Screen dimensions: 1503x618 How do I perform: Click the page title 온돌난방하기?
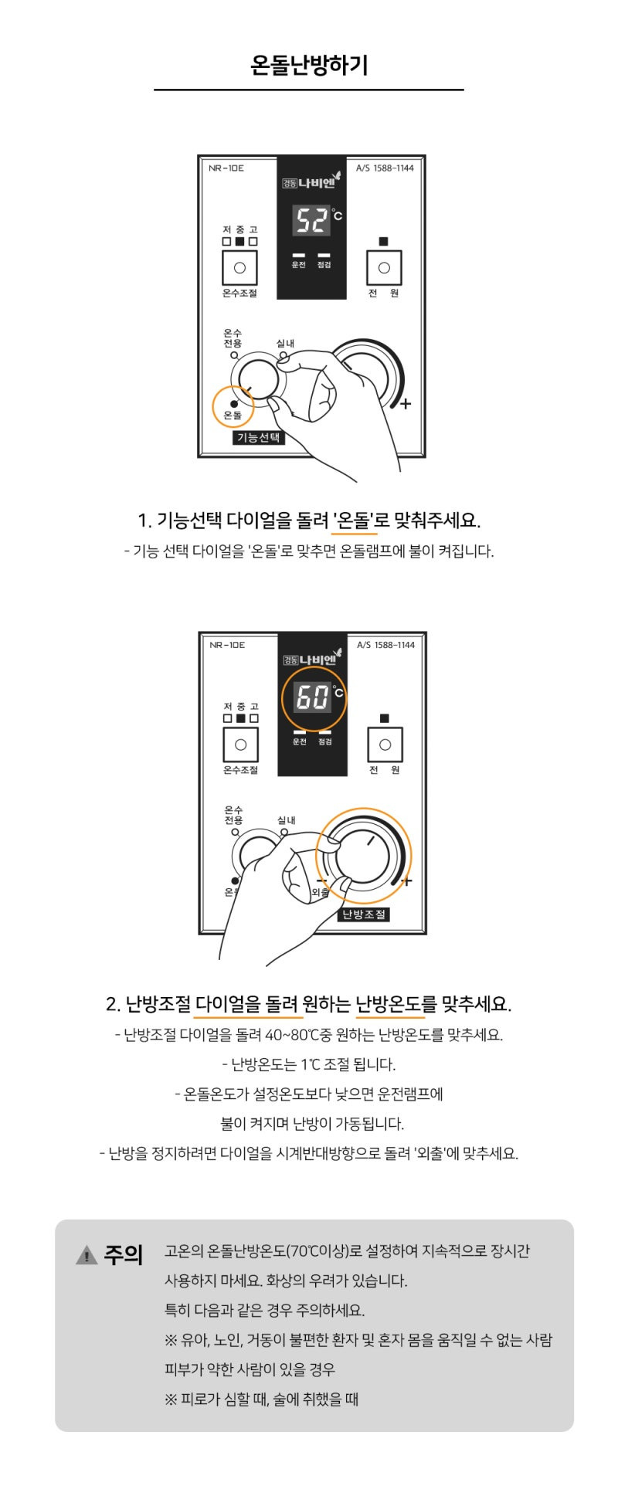tap(309, 65)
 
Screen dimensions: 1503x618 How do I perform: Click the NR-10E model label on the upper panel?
tap(226, 168)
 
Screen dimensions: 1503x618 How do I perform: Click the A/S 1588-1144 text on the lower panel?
tap(385, 645)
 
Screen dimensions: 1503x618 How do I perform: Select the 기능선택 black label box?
tap(259, 437)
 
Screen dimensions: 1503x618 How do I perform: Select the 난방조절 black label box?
tap(364, 914)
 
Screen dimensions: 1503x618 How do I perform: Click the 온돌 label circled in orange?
tap(233, 415)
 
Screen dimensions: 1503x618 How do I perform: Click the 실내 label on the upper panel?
tap(285, 343)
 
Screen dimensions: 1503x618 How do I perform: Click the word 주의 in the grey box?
tap(124, 1255)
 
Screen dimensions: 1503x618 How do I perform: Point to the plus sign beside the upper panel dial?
tap(406, 404)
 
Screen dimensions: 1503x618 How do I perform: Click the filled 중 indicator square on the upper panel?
tap(239, 241)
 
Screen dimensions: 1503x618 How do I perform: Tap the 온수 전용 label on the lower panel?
tap(233, 815)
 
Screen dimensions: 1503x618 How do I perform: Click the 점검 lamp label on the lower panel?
tap(325, 742)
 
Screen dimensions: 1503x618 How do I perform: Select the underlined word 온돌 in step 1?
tap(354, 520)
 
